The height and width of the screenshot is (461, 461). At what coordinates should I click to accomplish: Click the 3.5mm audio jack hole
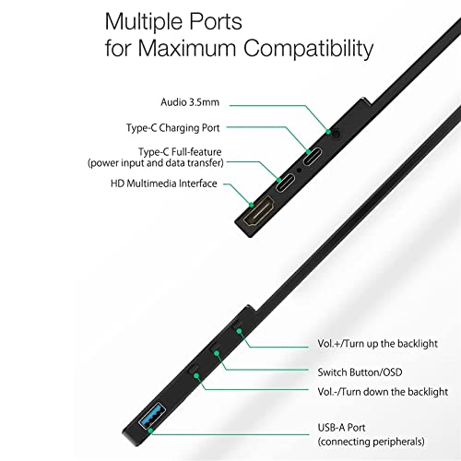pyautogui.click(x=337, y=135)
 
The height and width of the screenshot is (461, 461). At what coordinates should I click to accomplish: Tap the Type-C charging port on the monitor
pyautogui.click(x=313, y=157)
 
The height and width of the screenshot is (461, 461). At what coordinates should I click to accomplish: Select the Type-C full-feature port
pyautogui.click(x=285, y=183)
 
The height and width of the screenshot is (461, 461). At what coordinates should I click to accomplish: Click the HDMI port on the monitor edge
pyautogui.click(x=258, y=211)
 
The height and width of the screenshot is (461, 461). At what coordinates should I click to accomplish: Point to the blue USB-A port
pyautogui.click(x=152, y=416)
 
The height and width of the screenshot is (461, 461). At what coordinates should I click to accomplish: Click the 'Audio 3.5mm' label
pyautogui.click(x=190, y=102)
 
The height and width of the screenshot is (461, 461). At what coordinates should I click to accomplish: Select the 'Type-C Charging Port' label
pyautogui.click(x=173, y=127)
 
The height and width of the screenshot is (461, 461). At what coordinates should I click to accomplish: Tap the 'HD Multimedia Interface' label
pyautogui.click(x=164, y=183)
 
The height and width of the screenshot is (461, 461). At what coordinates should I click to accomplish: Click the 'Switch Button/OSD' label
pyautogui.click(x=360, y=372)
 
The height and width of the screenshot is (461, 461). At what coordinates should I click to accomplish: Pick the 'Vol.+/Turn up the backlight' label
pyautogui.click(x=377, y=343)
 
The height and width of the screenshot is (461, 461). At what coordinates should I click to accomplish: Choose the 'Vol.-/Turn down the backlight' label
pyautogui.click(x=383, y=392)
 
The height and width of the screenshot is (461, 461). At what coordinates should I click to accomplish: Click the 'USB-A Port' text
pyautogui.click(x=341, y=427)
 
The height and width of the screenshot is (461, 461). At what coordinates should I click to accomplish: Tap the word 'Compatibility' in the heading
pyautogui.click(x=309, y=48)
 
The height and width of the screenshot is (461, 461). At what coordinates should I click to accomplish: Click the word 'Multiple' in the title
pyautogui.click(x=143, y=22)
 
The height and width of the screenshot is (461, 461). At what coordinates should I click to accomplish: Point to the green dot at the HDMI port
pyautogui.click(x=252, y=205)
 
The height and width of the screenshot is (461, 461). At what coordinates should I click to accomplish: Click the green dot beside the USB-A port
pyautogui.click(x=150, y=431)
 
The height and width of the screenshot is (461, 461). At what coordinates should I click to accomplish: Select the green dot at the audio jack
pyautogui.click(x=328, y=132)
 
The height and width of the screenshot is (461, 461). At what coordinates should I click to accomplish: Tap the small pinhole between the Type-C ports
pyautogui.click(x=299, y=170)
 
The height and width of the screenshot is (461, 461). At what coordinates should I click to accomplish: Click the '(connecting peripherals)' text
pyautogui.click(x=372, y=442)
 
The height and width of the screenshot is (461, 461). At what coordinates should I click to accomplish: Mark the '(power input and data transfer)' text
pyautogui.click(x=156, y=163)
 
